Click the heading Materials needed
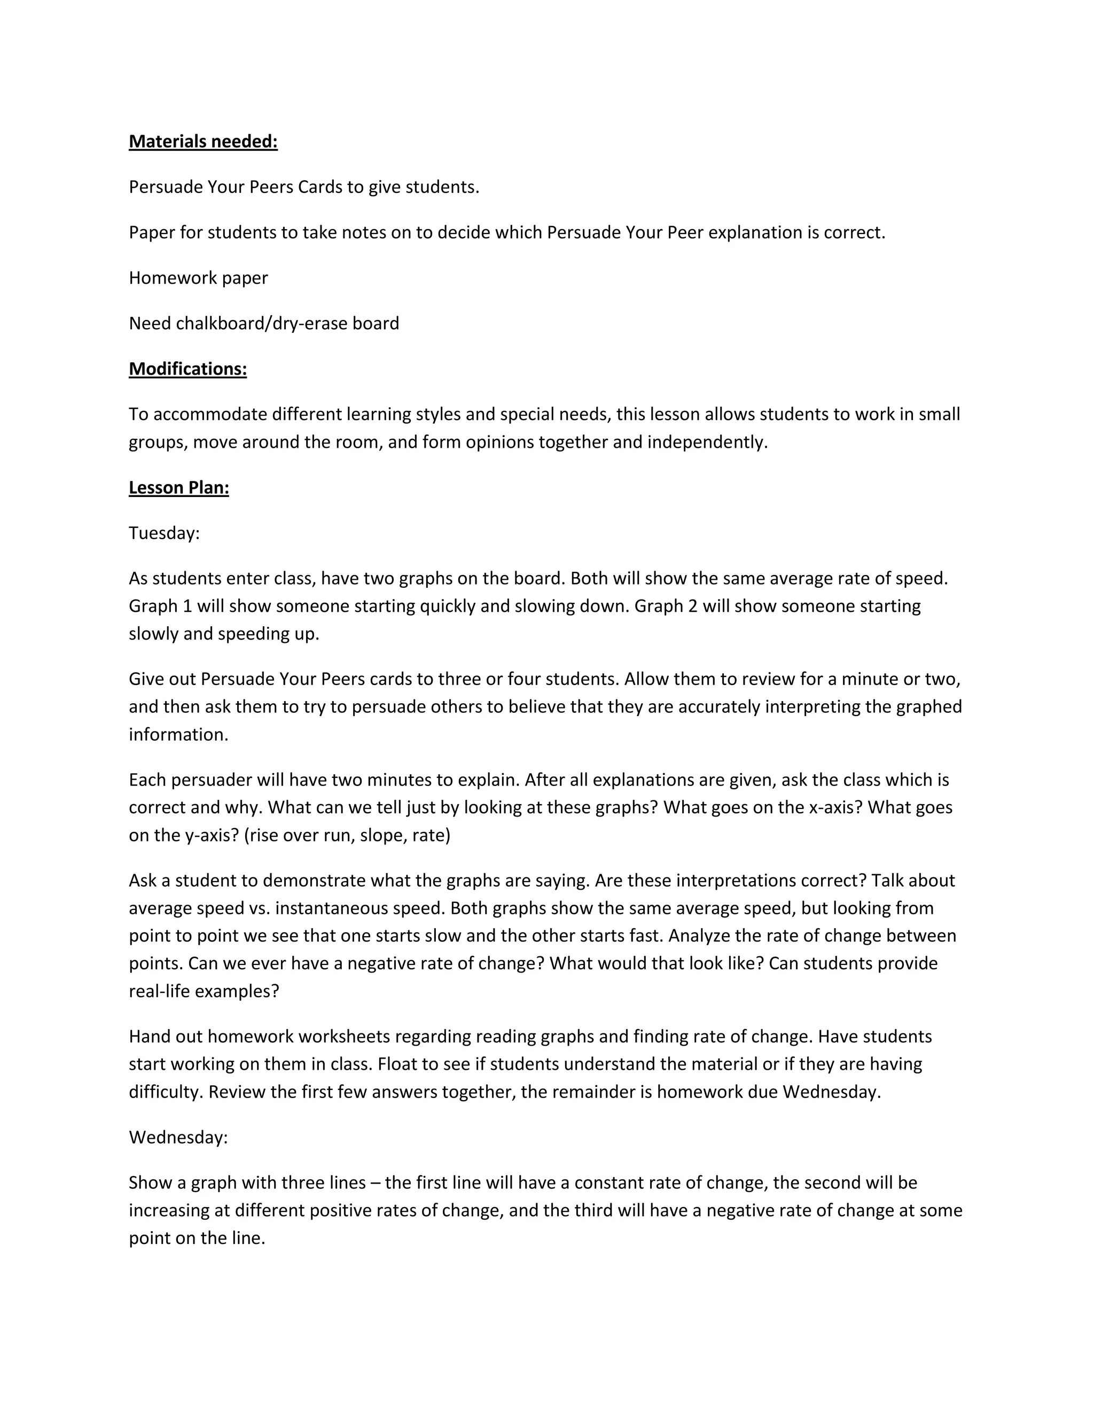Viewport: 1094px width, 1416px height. point(203,142)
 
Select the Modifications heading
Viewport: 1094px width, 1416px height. point(187,369)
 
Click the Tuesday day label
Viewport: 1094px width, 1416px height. point(164,533)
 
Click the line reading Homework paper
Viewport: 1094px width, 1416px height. point(198,278)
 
